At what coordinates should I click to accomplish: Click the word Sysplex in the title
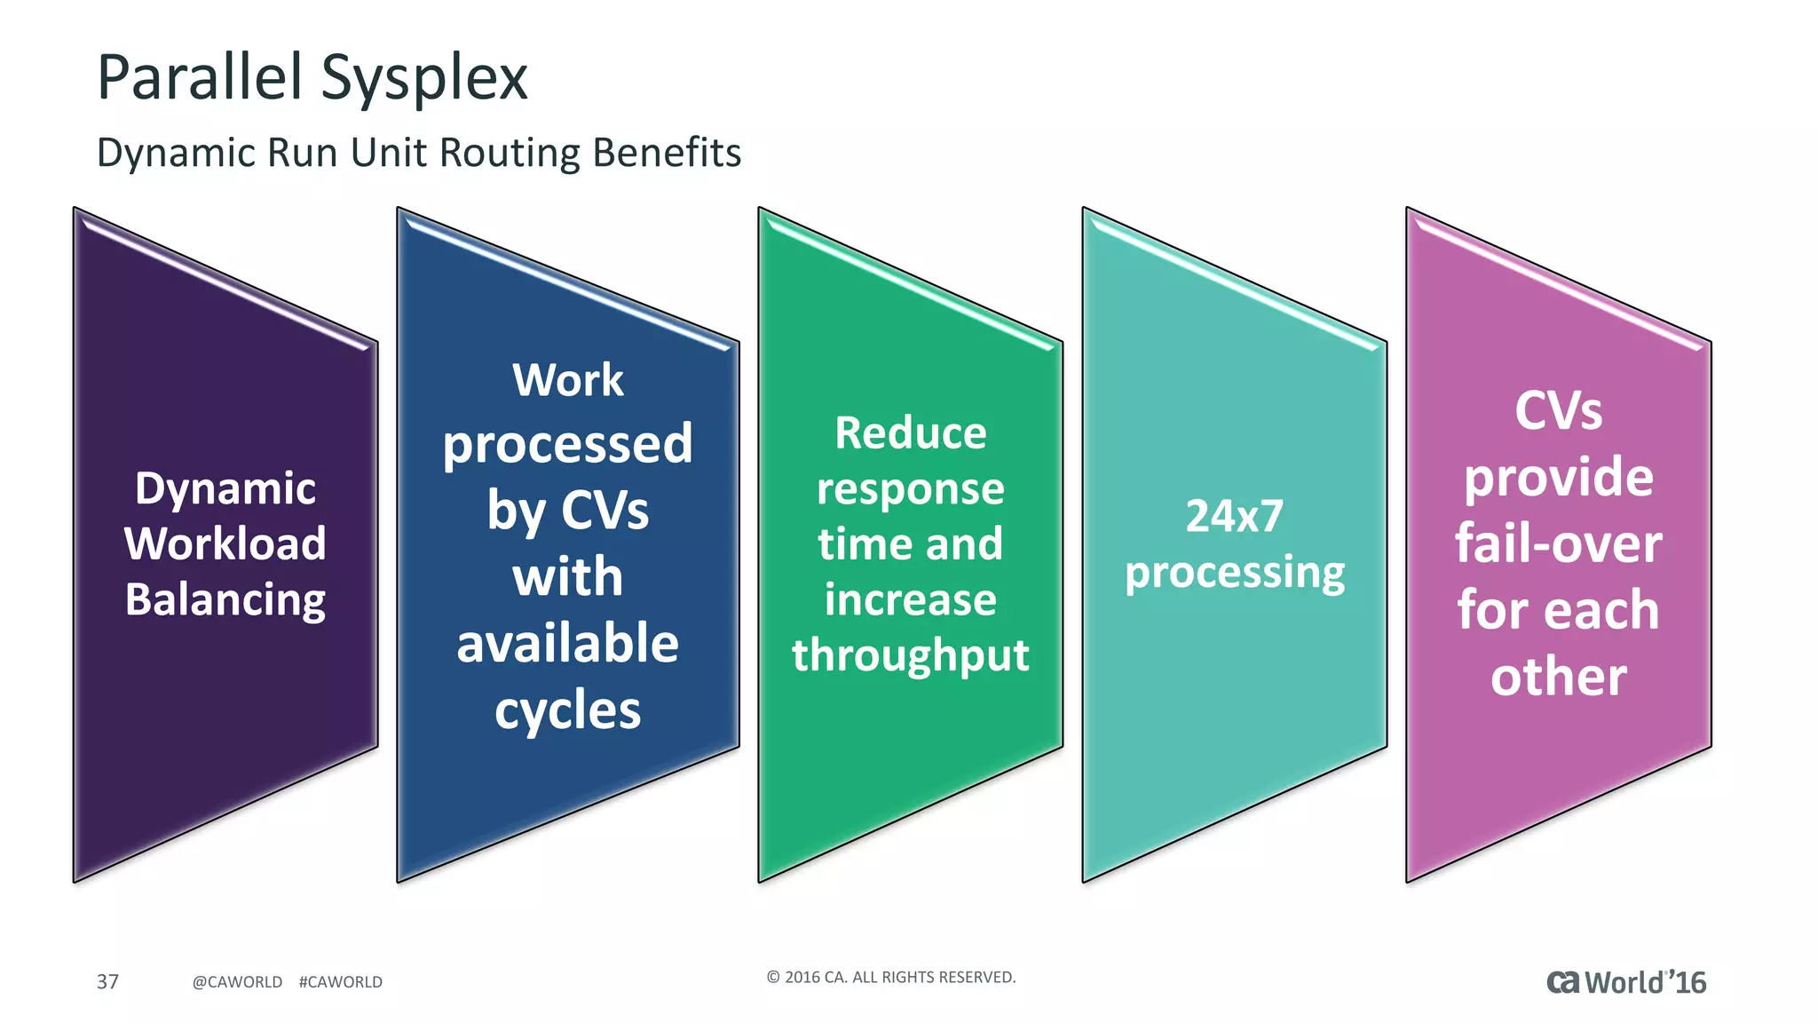point(423,78)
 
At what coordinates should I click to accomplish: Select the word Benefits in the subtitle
point(667,153)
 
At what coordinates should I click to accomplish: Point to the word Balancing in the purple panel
point(225,599)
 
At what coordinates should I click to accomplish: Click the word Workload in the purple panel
point(225,543)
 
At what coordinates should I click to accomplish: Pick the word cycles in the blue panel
point(568,710)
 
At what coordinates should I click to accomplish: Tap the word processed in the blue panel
point(568,444)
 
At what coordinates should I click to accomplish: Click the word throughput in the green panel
point(911,655)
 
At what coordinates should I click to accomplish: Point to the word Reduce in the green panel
point(911,433)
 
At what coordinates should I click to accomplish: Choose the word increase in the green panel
point(911,599)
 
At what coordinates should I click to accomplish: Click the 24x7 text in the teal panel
point(1235,516)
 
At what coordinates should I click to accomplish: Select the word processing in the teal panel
point(1235,573)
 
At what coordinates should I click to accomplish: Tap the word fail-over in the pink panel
point(1559,543)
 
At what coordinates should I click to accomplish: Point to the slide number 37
point(107,981)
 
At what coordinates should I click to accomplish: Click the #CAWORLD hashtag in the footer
point(341,982)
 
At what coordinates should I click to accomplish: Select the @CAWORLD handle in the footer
point(237,982)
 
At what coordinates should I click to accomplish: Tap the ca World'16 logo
point(1626,982)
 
